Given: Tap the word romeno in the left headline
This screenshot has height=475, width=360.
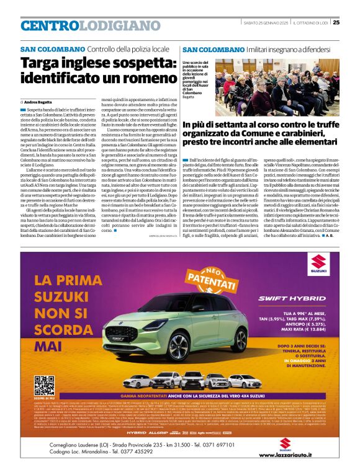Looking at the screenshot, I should (x=136, y=79).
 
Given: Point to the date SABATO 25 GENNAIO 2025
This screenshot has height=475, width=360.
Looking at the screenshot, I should (x=263, y=23).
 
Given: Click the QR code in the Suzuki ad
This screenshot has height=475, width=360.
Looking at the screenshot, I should (x=44, y=384).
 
